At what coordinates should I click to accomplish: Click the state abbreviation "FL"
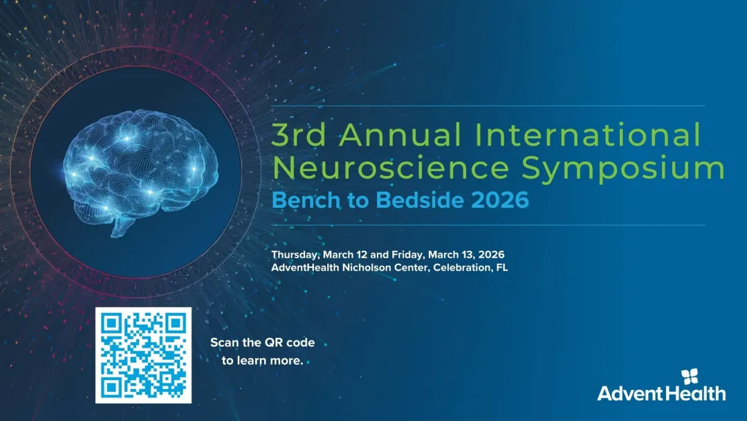(501, 267)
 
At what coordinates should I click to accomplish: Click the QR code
(142, 355)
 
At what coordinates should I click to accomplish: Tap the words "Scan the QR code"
(262, 343)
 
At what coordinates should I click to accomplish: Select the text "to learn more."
(262, 360)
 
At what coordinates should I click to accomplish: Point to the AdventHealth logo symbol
(690, 377)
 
